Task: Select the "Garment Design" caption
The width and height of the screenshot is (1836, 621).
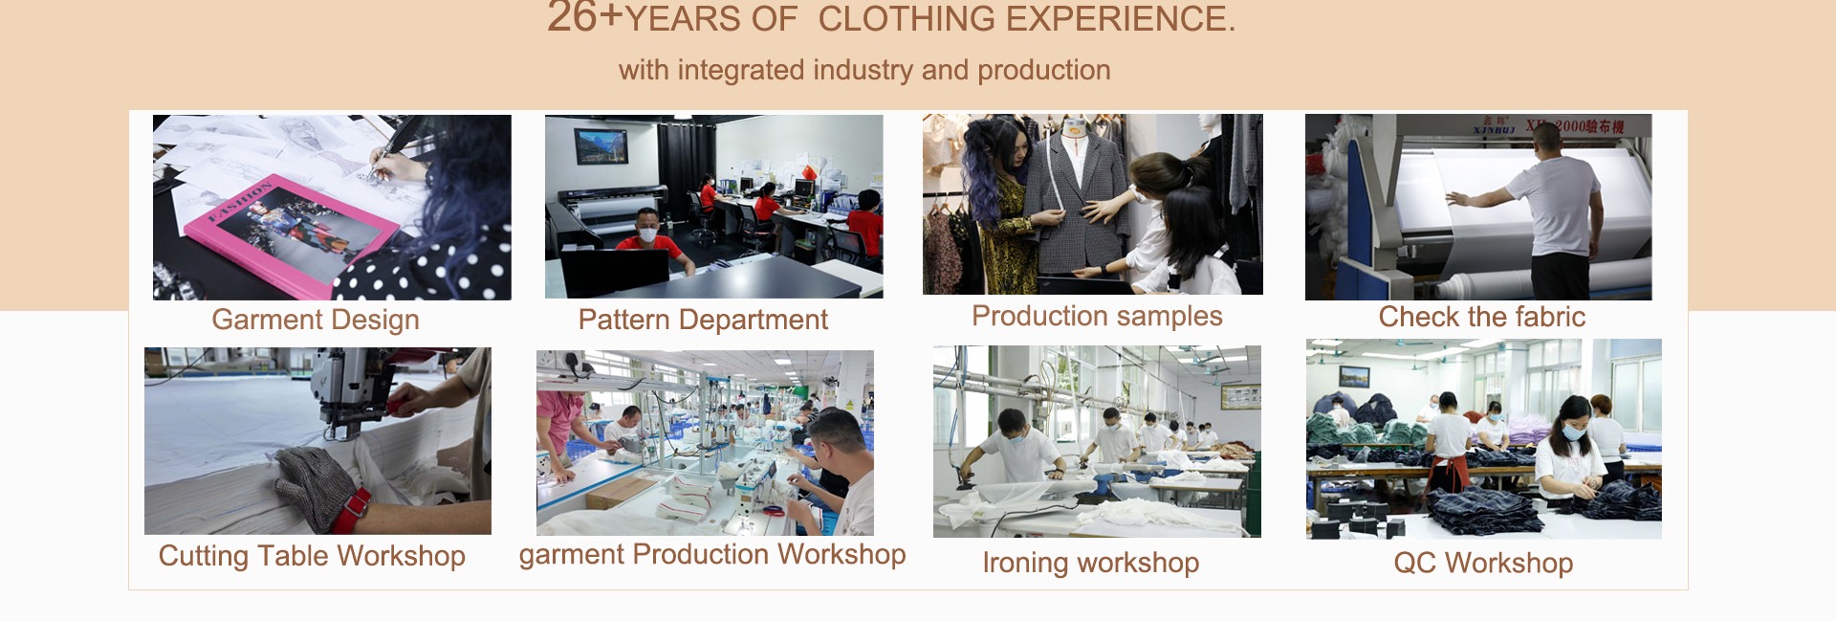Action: click(x=316, y=320)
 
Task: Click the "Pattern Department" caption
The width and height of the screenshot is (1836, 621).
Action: click(x=703, y=320)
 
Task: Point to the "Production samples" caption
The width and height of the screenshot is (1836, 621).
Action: click(x=1097, y=316)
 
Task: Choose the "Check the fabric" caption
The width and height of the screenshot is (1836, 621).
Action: click(x=1482, y=317)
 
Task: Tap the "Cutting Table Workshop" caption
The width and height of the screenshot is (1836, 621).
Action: click(x=312, y=556)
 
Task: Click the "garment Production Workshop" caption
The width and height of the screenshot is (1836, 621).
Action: click(x=712, y=555)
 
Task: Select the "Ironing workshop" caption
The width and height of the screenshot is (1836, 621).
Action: click(x=1091, y=563)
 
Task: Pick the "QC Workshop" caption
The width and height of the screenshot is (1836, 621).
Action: click(x=1483, y=563)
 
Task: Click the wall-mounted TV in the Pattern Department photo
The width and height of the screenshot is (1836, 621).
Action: click(x=601, y=146)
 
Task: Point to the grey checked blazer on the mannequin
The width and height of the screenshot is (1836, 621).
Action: click(x=1076, y=202)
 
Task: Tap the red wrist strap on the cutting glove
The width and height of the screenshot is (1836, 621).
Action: click(x=350, y=511)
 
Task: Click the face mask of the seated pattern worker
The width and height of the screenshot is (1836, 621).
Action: click(x=648, y=233)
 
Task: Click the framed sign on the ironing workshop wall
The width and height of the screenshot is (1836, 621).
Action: click(x=1240, y=395)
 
